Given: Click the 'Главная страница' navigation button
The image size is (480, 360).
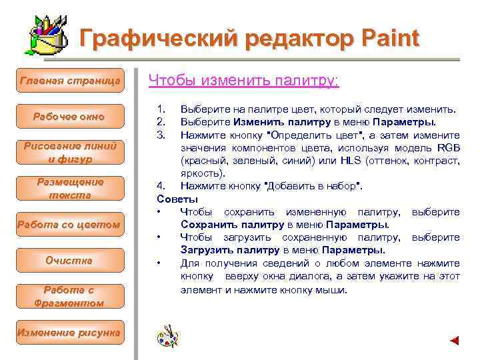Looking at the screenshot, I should click(x=70, y=81).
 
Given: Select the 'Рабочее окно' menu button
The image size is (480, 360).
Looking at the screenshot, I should click(x=70, y=117).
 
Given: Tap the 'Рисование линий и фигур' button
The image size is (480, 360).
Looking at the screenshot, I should click(x=70, y=153).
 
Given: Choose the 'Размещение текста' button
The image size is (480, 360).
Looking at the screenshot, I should click(x=70, y=189).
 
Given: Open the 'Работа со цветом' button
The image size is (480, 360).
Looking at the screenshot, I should click(x=70, y=225).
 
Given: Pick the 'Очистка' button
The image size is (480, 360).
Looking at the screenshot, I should click(x=70, y=261).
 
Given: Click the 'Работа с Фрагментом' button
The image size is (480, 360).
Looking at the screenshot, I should click(x=70, y=297).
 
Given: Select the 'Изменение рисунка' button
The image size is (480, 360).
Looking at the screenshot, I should click(x=70, y=332).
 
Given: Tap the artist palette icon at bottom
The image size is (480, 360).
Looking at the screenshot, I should click(x=167, y=336).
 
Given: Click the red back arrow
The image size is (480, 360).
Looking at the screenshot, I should click(x=455, y=341).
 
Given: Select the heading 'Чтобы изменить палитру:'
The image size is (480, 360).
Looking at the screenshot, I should click(x=243, y=81).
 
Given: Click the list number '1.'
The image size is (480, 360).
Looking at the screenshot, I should click(x=160, y=109).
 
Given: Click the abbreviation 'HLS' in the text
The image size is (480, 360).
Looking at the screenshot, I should click(x=350, y=161).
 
